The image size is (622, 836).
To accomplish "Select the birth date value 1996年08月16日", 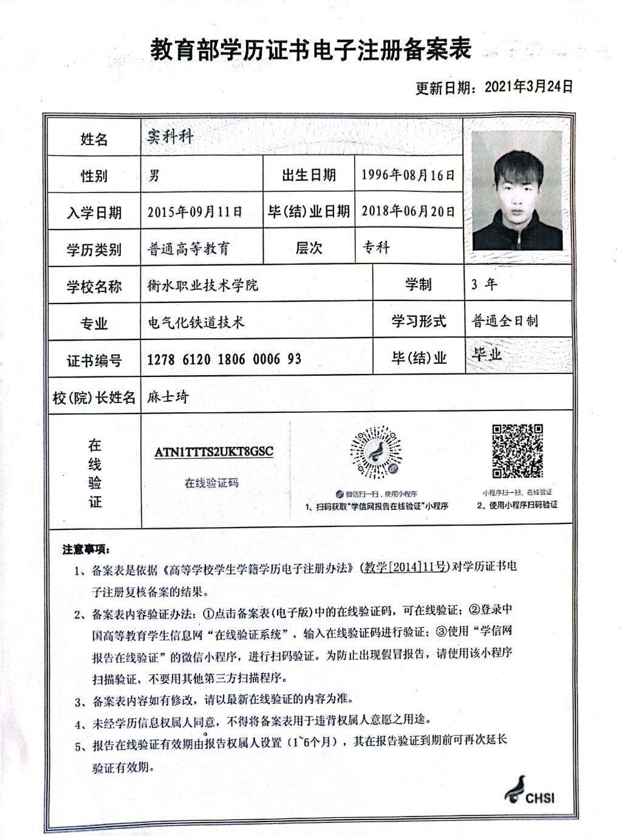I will tap(408, 175).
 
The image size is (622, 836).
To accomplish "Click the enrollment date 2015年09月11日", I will tap(194, 212).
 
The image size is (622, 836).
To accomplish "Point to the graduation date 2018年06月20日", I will tap(408, 211).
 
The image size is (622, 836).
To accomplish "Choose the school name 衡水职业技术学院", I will tap(202, 285).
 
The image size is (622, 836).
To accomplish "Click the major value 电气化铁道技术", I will tap(196, 322).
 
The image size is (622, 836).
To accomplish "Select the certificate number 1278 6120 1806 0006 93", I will tap(224, 359).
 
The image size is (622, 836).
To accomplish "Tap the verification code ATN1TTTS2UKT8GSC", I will tap(214, 452).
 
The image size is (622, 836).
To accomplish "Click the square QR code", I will tap(517, 451).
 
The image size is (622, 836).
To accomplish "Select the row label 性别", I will tap(94, 176).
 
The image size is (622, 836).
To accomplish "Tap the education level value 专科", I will tap(376, 248).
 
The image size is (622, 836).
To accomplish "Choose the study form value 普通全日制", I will tap(505, 321).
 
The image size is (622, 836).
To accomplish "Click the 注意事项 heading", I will tap(85, 549).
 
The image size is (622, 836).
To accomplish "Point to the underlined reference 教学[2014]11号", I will tap(405, 567).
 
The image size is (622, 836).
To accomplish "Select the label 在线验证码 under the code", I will tap(211, 483).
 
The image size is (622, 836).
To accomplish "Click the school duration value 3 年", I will tap(484, 284).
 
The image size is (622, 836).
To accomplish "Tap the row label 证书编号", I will tap(94, 361).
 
